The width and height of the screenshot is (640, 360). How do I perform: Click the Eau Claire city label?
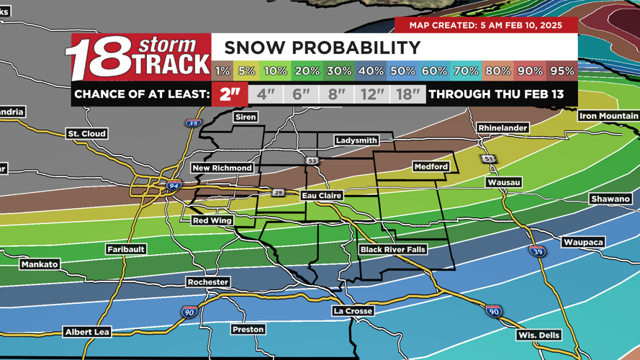[x=322, y=196]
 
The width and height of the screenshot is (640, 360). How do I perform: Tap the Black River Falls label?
[x=392, y=250]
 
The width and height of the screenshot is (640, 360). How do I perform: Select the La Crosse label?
[x=353, y=311]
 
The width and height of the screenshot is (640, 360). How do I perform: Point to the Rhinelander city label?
[x=502, y=128]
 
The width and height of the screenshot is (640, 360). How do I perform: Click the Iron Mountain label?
[x=608, y=116]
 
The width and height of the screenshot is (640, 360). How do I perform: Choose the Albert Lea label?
[x=87, y=332]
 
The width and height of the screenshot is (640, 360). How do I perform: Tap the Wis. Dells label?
[x=539, y=336]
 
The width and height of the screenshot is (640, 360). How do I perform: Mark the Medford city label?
[x=431, y=167]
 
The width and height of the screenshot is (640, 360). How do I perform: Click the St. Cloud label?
[x=87, y=134]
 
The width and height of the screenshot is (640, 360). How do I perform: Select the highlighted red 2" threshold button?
[x=230, y=94]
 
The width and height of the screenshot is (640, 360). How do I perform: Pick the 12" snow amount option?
[x=371, y=94]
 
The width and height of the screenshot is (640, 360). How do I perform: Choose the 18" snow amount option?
[x=407, y=94]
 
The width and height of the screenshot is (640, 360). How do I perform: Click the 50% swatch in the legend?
[x=402, y=71]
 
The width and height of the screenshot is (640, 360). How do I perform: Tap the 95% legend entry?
[x=562, y=71]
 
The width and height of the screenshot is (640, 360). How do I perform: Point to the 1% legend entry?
[x=222, y=71]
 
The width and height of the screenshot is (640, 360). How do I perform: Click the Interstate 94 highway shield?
[x=173, y=186]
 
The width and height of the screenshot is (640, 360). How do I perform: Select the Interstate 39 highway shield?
[x=536, y=251]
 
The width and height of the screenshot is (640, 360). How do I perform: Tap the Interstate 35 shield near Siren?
[x=193, y=123]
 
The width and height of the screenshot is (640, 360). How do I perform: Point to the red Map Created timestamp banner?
[x=486, y=25]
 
